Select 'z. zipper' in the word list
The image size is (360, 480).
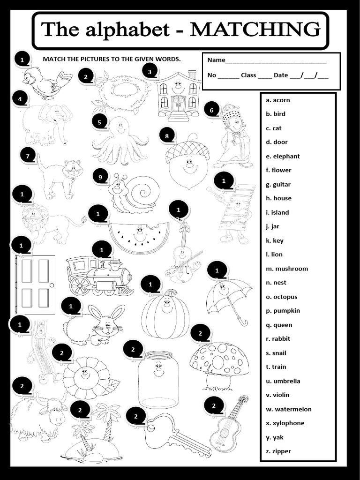coord(278,451)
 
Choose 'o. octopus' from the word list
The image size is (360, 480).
coord(281,297)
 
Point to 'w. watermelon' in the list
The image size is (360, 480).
coord(288,409)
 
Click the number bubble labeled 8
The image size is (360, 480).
coord(166,136)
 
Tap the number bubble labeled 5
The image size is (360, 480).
coord(99,122)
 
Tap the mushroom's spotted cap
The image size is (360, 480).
coord(219,359)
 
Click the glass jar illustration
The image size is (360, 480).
coord(158,379)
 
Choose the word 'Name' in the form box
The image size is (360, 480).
coord(216,60)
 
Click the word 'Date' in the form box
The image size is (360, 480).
coord(281,75)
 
